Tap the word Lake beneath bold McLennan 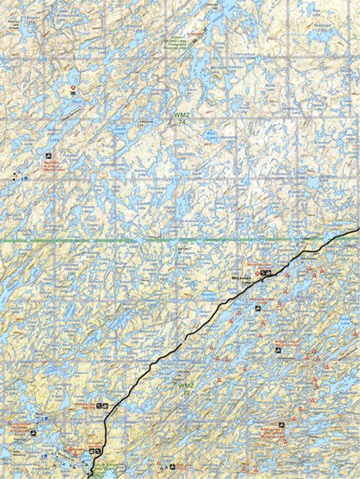coord(246,284)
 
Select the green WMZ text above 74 coord(181,114)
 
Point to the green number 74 coord(182,121)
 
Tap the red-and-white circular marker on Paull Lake coord(74,88)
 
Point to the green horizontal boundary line coord(128,242)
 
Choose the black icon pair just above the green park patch coord(95,450)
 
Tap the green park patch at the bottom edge coord(107,468)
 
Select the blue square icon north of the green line coord(26,178)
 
